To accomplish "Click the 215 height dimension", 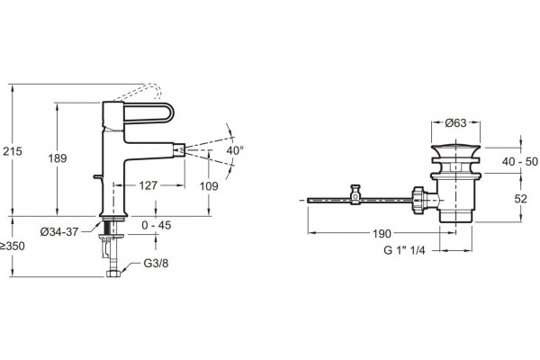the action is (13, 151).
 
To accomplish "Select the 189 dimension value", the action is (58, 158).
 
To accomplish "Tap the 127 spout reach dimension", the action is (148, 185).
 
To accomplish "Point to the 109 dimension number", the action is (209, 186).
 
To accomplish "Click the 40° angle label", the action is (235, 150).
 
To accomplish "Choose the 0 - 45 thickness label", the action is (157, 225).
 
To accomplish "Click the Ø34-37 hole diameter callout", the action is (59, 232).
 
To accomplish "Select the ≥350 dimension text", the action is (13, 246).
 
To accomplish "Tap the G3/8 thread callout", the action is (156, 263).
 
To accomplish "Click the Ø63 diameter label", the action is (455, 122).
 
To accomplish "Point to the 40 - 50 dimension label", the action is (520, 161).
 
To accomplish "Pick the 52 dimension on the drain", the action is (521, 199).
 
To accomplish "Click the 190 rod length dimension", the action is (382, 234).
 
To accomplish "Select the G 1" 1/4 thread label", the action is (404, 250).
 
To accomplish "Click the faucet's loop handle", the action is (148, 112).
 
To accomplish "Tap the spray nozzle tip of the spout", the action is (179, 150).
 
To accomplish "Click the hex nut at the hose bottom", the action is (113, 274).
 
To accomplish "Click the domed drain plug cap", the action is (455, 150).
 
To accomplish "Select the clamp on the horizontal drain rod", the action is (355, 194).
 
